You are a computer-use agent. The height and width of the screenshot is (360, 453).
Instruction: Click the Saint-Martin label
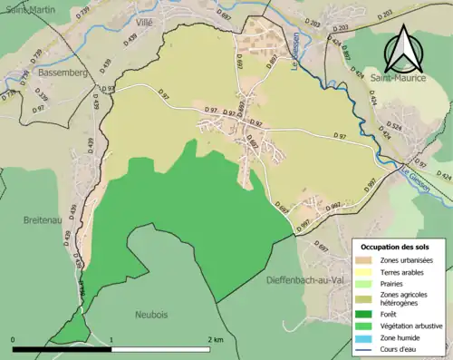click(x=25, y=9)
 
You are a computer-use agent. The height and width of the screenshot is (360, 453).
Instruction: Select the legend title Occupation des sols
click(x=397, y=247)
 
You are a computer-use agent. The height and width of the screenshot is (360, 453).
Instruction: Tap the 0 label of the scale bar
click(x=14, y=339)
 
